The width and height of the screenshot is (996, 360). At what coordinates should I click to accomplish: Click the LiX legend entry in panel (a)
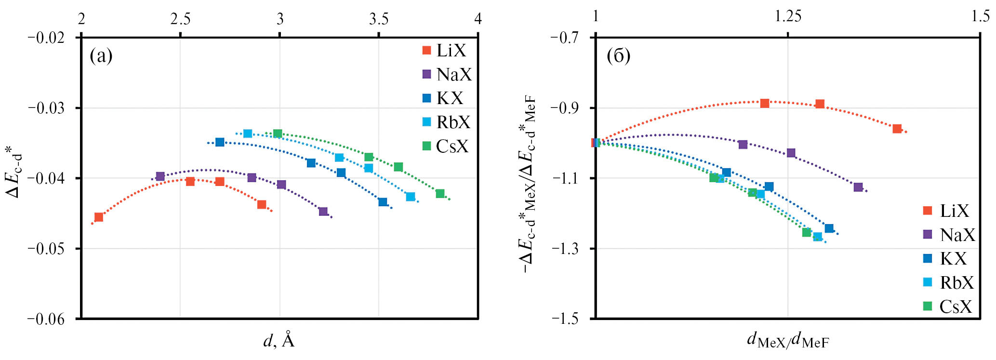444,51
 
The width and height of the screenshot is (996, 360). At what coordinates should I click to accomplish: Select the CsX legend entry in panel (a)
444,146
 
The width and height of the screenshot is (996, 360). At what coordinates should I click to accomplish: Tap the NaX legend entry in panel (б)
949,235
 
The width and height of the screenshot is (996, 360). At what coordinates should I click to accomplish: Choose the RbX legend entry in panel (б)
949,282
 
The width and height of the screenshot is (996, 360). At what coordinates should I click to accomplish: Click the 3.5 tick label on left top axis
379,19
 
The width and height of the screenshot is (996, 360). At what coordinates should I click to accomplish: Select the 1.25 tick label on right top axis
788,17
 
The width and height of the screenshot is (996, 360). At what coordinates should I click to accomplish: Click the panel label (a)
101,56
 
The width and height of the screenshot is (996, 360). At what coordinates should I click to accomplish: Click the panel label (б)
619,56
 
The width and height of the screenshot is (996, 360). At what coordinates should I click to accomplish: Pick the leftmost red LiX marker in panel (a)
99,217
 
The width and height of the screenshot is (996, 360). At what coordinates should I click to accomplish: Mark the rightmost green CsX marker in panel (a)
440,194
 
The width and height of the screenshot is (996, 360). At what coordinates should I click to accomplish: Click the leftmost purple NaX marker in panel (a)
160,176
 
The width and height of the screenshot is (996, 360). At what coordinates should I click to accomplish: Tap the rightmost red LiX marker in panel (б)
897,129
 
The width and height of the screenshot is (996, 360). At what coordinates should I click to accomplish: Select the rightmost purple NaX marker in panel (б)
858,187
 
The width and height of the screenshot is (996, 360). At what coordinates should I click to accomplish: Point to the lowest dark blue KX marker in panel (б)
829,228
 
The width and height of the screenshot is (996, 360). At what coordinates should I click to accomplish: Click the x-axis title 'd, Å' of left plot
279,341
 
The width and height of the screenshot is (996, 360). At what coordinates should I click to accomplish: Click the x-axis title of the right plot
788,341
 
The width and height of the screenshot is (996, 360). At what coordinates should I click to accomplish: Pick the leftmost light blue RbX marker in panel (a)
248,133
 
